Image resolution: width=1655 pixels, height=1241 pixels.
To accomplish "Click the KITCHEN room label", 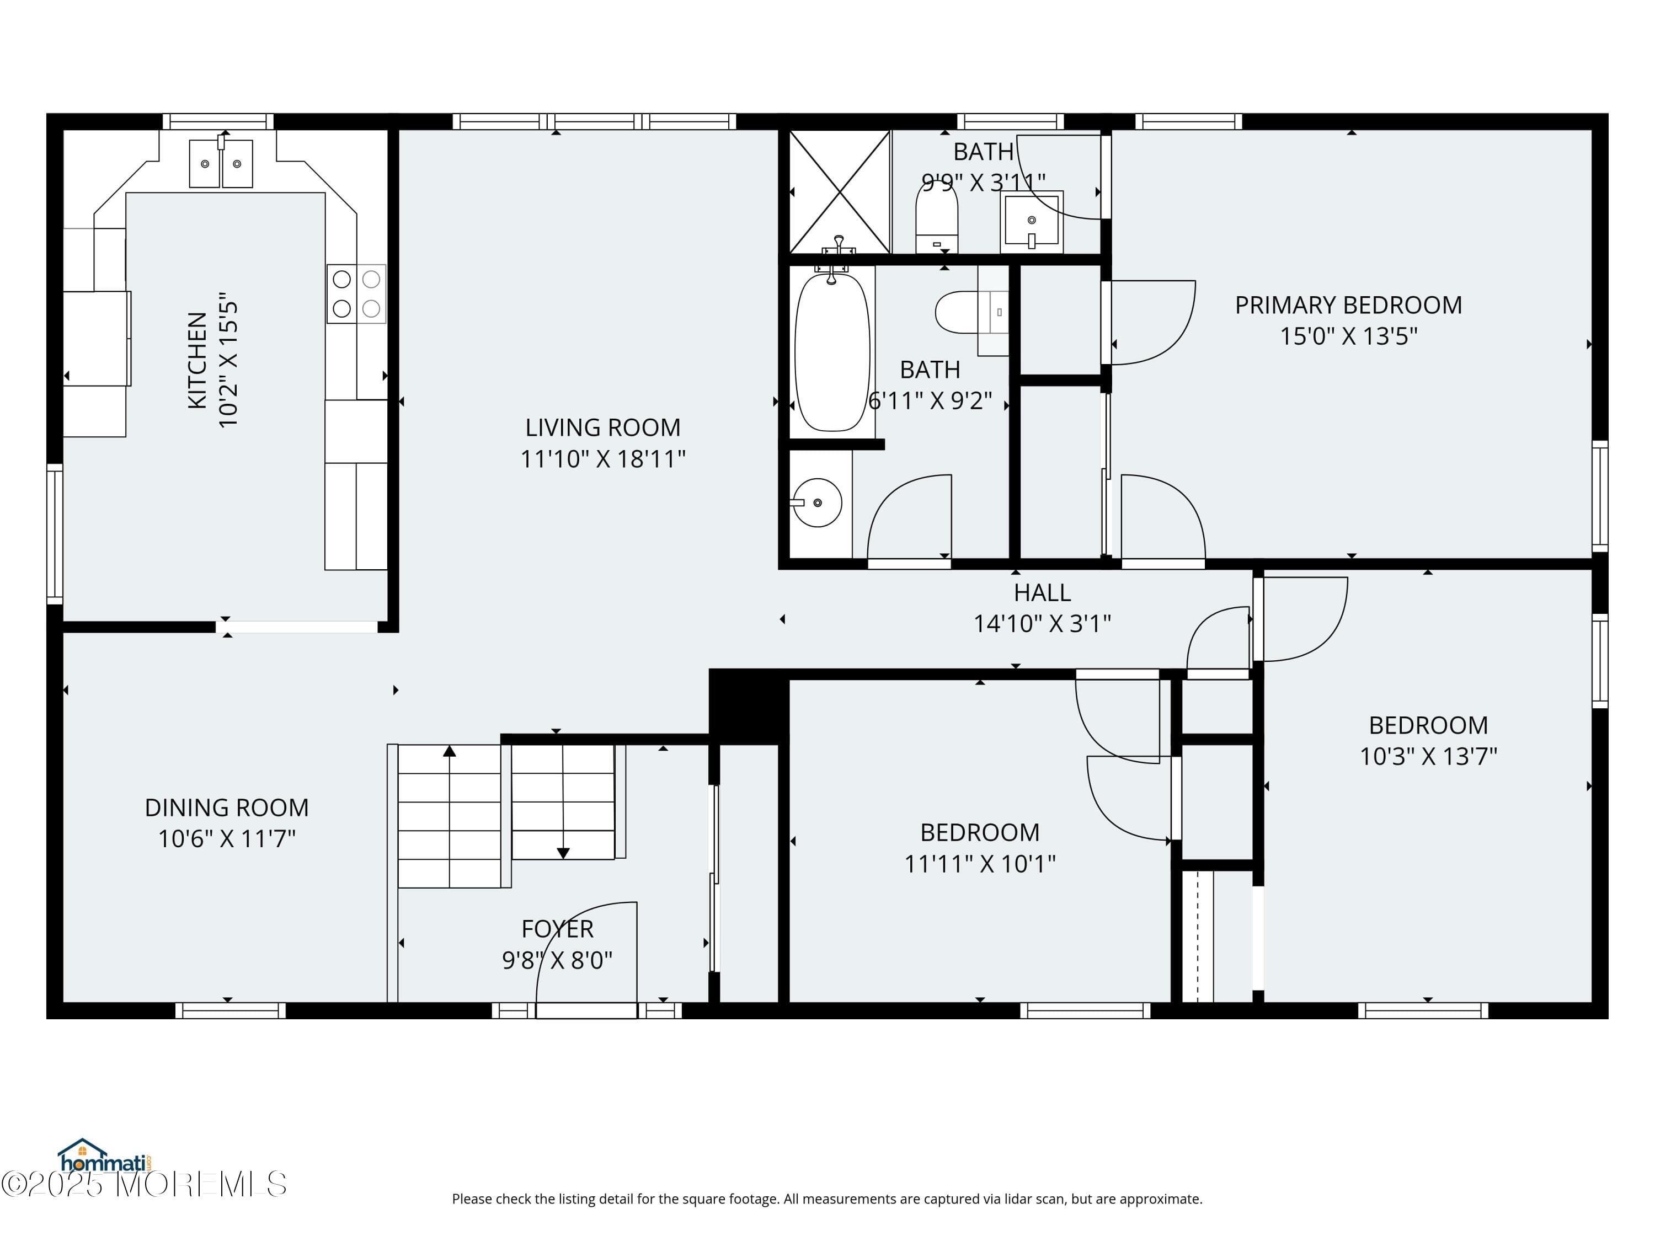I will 196,361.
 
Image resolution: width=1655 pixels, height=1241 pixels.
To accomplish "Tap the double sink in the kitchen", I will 221,163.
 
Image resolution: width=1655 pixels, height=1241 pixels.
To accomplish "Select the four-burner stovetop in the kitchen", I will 356,294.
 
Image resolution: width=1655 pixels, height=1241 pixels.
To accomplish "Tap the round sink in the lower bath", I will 817,502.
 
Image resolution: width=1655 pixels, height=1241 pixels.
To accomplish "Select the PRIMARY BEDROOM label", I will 1348,305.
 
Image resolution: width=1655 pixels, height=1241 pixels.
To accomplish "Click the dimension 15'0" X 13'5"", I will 1348,336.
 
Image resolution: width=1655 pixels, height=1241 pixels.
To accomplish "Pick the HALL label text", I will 1042,592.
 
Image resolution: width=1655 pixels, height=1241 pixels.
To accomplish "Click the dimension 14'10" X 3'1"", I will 1042,624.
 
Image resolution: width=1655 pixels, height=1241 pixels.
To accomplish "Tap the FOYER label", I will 557,929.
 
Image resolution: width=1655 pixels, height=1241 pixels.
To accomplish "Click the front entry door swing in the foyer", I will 591,958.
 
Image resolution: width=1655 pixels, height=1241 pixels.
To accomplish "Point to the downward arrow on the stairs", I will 563,853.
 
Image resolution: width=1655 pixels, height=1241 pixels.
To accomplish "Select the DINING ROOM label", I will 227,808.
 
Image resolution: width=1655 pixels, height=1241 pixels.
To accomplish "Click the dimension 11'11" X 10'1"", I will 979,864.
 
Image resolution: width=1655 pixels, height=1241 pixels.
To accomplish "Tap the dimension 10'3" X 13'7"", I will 1428,756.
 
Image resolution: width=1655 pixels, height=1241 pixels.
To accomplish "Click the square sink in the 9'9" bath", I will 1032,221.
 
